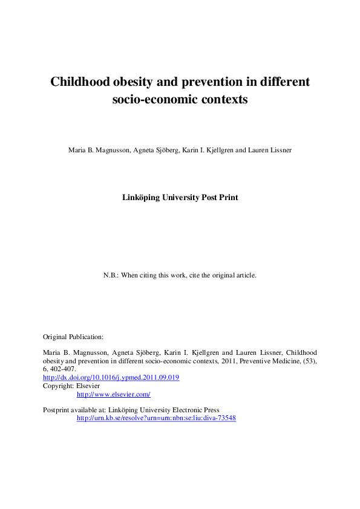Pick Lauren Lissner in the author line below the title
270,150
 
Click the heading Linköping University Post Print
180,197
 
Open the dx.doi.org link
111,377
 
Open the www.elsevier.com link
113,394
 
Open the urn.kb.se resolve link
156,418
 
